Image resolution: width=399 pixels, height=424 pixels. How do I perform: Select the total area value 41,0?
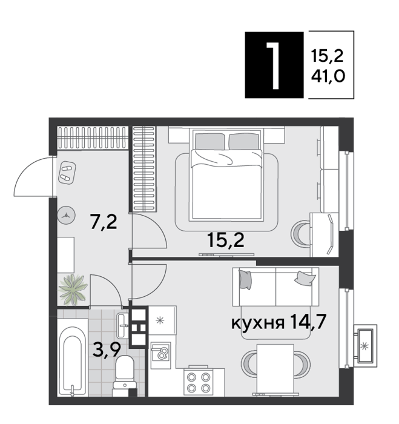click(x=328, y=76)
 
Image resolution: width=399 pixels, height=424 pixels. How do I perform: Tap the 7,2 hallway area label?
click(x=104, y=222)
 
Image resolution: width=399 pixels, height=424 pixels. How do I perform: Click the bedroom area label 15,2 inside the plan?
click(x=226, y=240)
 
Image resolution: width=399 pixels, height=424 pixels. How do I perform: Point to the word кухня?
click(x=258, y=323)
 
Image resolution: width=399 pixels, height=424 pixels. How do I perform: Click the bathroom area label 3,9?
click(x=106, y=351)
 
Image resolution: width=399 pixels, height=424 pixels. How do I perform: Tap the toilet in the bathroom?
click(x=125, y=372)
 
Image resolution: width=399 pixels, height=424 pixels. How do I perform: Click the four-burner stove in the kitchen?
click(x=199, y=381)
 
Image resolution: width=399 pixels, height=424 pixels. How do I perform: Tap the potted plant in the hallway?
click(x=73, y=290)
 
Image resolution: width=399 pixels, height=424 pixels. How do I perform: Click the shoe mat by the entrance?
click(x=67, y=173)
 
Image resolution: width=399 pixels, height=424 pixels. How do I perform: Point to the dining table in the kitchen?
click(x=275, y=368)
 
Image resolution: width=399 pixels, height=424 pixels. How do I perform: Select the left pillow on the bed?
click(x=209, y=141)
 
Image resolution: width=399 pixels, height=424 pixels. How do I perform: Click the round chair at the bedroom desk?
click(x=301, y=233)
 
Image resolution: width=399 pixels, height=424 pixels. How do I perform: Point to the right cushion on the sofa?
click(x=305, y=278)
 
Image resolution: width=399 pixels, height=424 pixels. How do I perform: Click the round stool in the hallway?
click(x=66, y=215)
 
